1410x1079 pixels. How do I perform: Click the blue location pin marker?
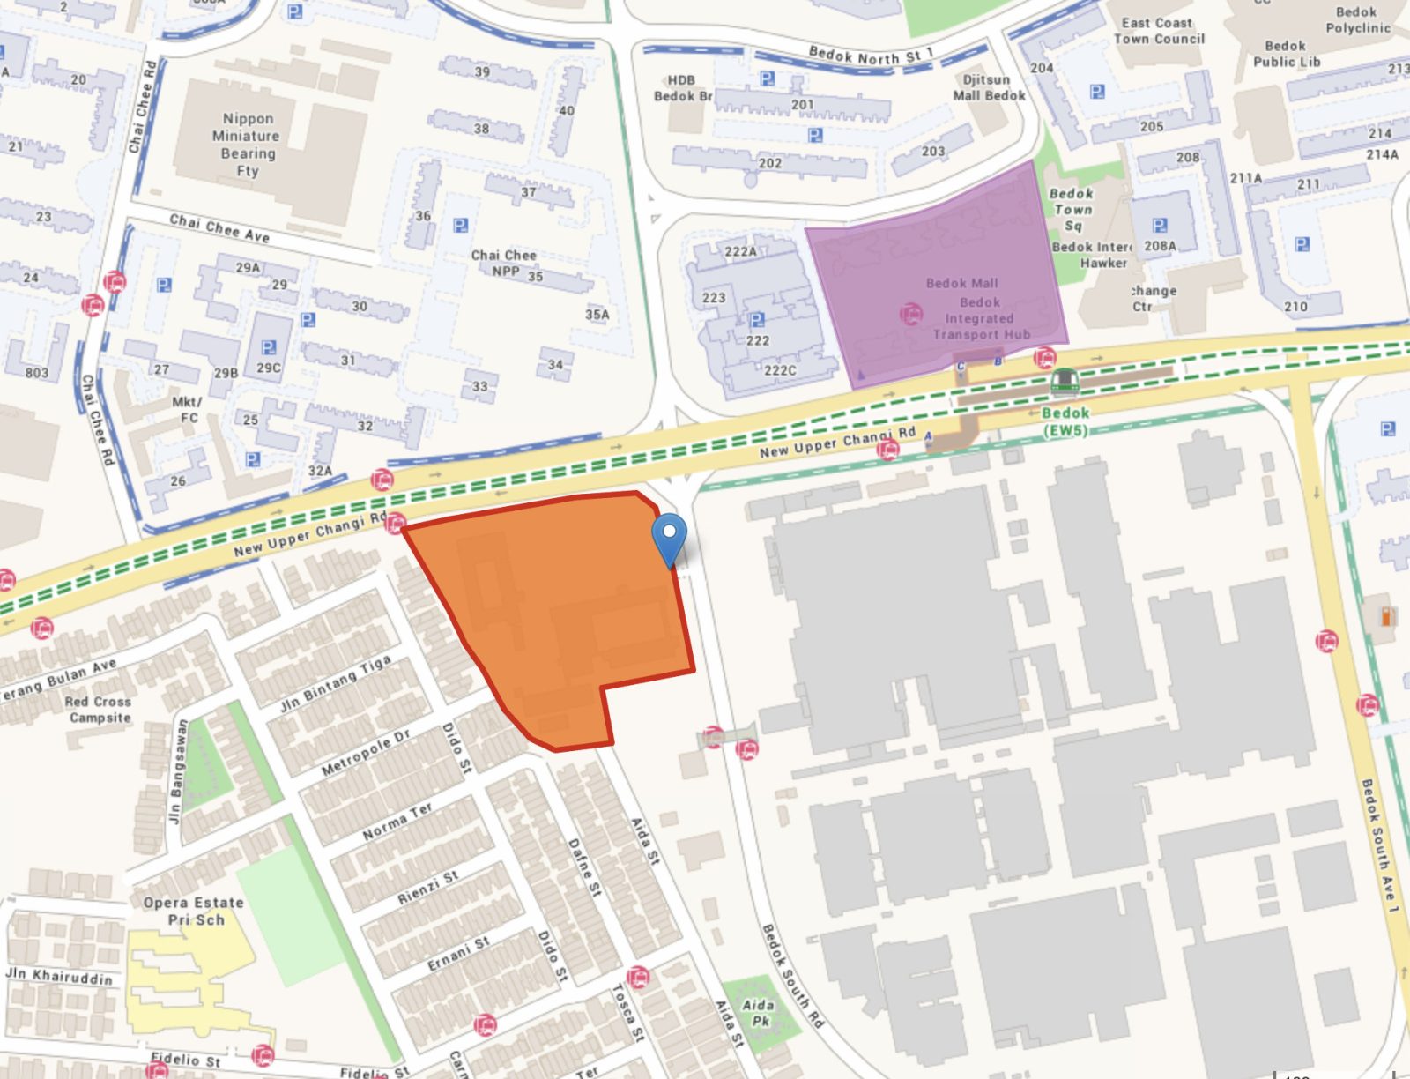(x=670, y=535)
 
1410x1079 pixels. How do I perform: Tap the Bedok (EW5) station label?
(x=1065, y=421)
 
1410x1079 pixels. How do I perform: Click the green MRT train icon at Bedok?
(x=1065, y=382)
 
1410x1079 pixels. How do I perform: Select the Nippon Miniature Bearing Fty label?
(x=248, y=145)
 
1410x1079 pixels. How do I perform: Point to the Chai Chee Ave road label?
(x=219, y=228)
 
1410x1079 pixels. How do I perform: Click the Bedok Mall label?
(x=961, y=283)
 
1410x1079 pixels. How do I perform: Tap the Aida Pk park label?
(x=758, y=1012)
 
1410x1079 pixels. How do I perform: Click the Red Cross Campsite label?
(x=99, y=710)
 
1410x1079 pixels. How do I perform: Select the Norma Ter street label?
(x=397, y=821)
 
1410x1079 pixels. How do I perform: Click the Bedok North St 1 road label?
(x=870, y=56)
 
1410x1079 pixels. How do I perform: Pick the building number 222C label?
(x=779, y=370)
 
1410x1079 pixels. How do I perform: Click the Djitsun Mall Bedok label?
(x=989, y=87)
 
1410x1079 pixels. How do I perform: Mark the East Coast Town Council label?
(x=1158, y=31)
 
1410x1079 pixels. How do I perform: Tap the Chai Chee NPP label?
(x=504, y=263)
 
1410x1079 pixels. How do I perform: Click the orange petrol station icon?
(x=1385, y=616)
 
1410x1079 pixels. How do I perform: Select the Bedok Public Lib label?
(x=1286, y=54)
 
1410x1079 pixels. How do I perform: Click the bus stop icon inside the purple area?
(x=910, y=313)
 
